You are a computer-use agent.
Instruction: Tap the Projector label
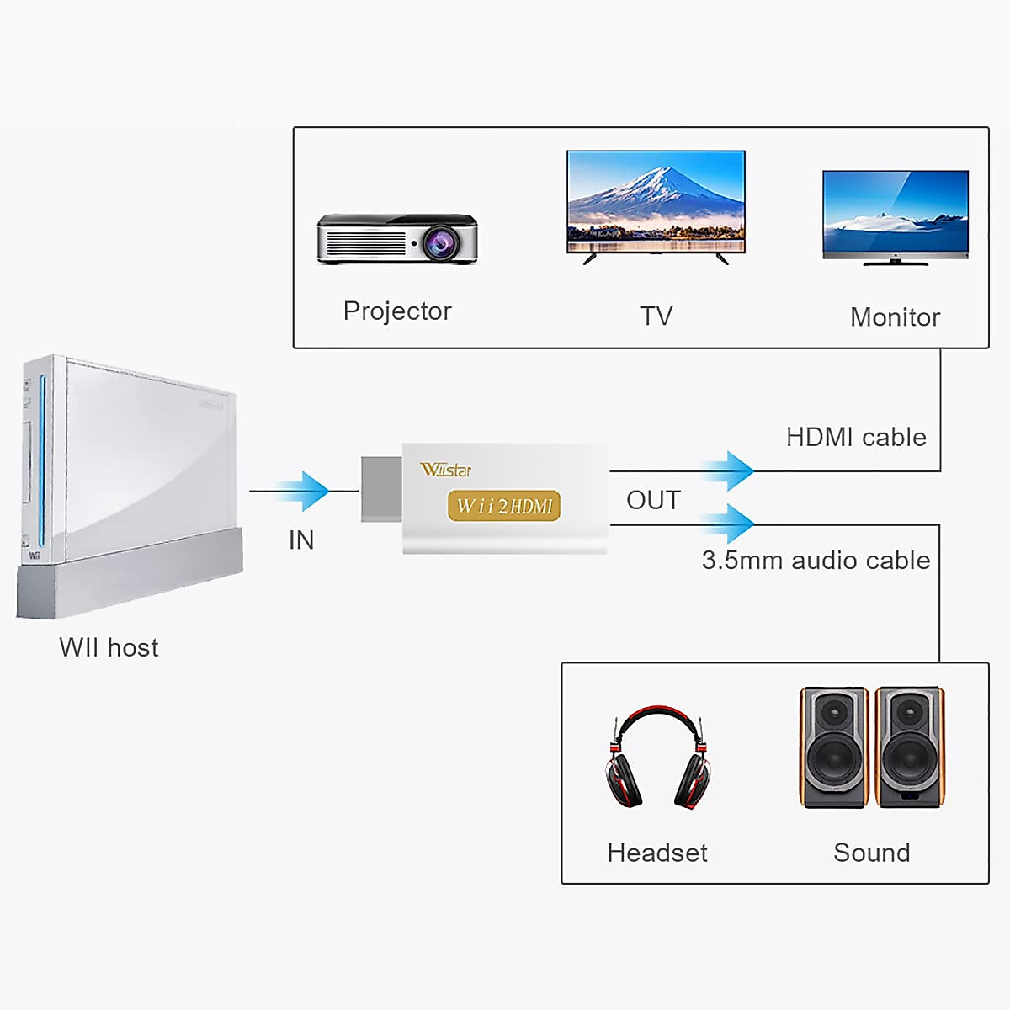click(x=397, y=312)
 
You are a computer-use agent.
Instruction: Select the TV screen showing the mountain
click(x=656, y=201)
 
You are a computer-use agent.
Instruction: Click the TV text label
click(x=656, y=316)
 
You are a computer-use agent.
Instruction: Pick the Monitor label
click(x=896, y=317)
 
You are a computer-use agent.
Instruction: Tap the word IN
click(x=301, y=540)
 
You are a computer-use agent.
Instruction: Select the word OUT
click(x=654, y=500)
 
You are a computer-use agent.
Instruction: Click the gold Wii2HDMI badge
click(x=503, y=506)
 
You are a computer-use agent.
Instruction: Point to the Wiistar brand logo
click(x=445, y=470)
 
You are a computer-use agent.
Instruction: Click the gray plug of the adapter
click(x=381, y=489)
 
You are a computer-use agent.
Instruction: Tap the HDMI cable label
click(x=856, y=437)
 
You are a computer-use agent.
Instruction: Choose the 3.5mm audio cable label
click(x=816, y=561)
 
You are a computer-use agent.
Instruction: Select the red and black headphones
click(x=658, y=757)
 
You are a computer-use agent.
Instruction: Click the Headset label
click(x=657, y=853)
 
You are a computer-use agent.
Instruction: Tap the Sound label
click(x=872, y=853)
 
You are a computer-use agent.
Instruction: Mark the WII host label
click(x=109, y=647)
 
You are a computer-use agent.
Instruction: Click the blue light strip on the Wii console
click(x=42, y=460)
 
